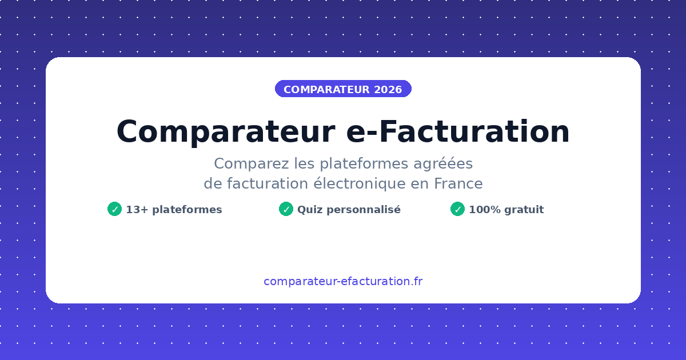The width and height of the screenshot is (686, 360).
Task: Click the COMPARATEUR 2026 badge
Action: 343,89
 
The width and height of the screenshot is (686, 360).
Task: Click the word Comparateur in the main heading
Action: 225,132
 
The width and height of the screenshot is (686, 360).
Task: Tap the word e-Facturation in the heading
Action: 458,132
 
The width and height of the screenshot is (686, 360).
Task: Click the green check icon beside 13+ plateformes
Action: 114,209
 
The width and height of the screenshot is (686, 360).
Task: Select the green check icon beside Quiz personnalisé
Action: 286,209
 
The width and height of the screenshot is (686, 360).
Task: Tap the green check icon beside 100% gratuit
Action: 457,209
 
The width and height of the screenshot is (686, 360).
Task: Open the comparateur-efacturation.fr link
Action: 343,281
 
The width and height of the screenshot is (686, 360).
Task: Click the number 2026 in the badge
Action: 388,90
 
